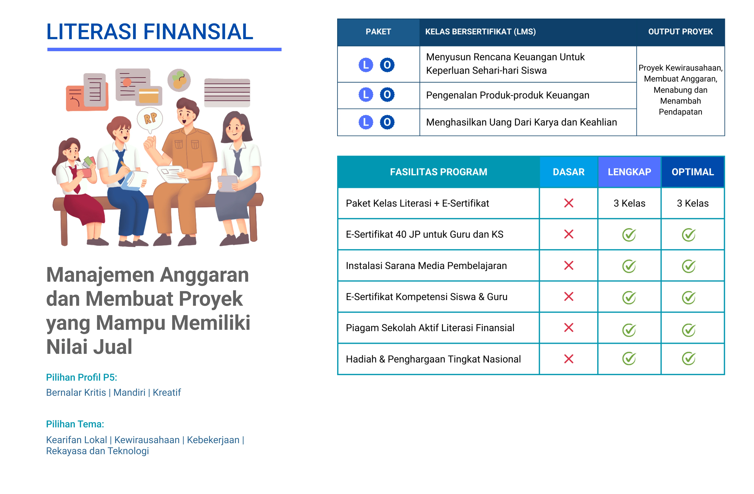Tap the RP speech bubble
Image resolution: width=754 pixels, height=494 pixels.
point(150,120)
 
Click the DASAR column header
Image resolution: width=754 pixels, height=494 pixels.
point(568,172)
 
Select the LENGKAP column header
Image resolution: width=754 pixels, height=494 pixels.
point(629,172)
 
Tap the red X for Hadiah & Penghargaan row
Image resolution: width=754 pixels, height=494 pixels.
point(569,359)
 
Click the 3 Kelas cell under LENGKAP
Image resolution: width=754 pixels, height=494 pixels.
point(629,203)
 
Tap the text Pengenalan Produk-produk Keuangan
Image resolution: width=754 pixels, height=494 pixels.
point(507,95)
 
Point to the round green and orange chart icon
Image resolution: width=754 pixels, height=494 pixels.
point(179,80)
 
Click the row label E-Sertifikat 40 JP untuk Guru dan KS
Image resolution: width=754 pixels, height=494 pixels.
point(425,234)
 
